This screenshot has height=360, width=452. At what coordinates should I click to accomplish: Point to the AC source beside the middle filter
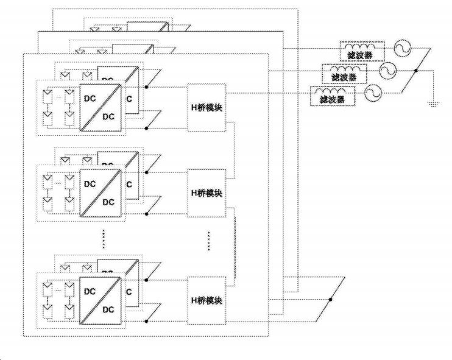click(x=386, y=72)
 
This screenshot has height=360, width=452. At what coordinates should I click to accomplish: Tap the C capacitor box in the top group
click(x=130, y=99)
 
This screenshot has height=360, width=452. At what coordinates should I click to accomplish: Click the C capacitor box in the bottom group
click(x=130, y=292)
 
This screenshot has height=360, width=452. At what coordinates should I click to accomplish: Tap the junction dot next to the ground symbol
click(x=415, y=72)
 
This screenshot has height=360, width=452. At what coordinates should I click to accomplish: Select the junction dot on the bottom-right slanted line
click(x=331, y=299)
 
